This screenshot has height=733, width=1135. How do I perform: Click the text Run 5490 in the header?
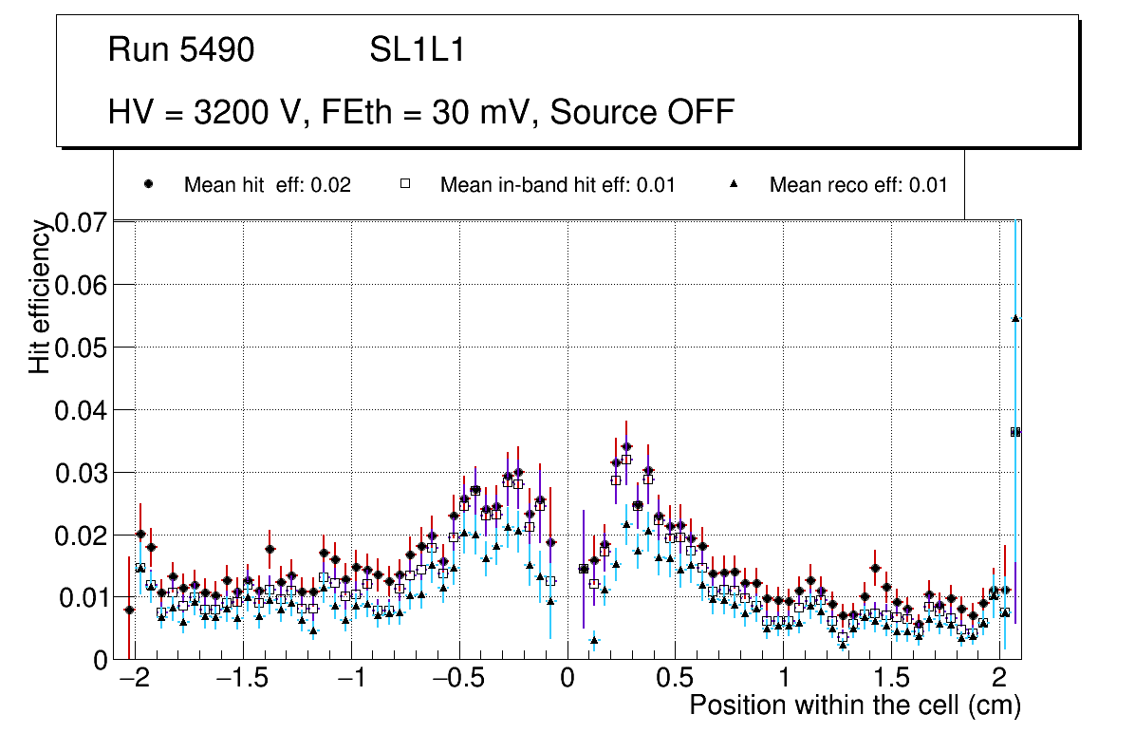pos(181,50)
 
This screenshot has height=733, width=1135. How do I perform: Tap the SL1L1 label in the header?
pos(417,50)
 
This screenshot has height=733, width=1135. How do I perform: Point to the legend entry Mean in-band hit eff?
pos(557,185)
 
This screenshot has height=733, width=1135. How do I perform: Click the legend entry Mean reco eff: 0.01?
pos(858,185)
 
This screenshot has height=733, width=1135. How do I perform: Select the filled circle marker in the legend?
pos(149,185)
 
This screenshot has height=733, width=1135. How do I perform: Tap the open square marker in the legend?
pos(405,185)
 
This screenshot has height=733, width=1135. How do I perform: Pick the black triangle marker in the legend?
pos(736,185)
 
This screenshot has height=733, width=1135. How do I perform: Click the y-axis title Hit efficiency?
pos(40,296)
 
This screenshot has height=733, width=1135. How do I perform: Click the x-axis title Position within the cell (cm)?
pos(854,706)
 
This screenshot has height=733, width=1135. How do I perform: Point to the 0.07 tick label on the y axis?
pos(83,224)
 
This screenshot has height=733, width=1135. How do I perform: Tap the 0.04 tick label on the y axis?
pos(83,410)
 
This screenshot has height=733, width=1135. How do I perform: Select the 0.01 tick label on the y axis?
pos(83,598)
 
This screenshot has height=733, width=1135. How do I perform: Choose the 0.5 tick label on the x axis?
pos(675,681)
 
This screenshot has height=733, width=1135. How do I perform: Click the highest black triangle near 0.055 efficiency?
pos(1015,318)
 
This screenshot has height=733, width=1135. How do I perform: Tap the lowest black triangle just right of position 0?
pos(594,640)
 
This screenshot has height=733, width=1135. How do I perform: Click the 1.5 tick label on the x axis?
pos(891,681)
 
